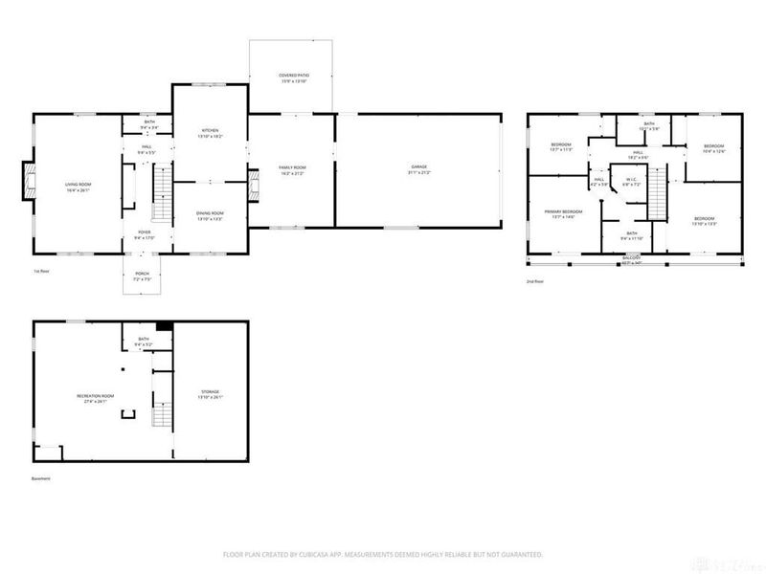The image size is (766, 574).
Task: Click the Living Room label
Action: (77, 187)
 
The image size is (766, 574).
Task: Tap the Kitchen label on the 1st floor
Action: (210, 134)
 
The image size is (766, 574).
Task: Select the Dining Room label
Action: (210, 215)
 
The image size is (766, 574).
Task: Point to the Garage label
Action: (419, 169)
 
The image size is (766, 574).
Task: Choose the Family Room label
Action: (291, 169)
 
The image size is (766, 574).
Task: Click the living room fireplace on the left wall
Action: (27, 183)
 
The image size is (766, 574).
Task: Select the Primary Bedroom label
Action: (563, 213)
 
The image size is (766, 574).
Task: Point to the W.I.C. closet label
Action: (631, 181)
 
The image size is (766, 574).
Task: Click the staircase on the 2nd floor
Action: (658, 199)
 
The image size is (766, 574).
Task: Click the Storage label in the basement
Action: (210, 393)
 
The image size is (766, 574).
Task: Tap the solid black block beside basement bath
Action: (164, 326)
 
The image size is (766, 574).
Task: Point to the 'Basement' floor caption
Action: (40, 478)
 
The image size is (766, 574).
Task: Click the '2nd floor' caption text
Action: (535, 281)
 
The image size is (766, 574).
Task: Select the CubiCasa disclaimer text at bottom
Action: (383, 554)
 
